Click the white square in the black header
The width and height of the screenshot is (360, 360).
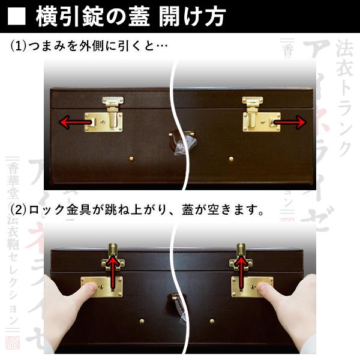coord(18,16)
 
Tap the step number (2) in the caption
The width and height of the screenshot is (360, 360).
coord(19,211)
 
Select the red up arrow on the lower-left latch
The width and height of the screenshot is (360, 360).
coord(112,267)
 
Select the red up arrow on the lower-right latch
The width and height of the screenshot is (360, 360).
coord(241,267)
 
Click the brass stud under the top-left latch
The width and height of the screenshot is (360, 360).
coord(131,158)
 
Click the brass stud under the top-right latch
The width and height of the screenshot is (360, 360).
coord(231,159)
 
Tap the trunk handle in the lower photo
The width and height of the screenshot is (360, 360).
coord(176,304)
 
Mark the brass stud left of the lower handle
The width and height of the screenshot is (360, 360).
coord(142,321)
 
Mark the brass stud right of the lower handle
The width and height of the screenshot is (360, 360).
coord(211,321)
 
